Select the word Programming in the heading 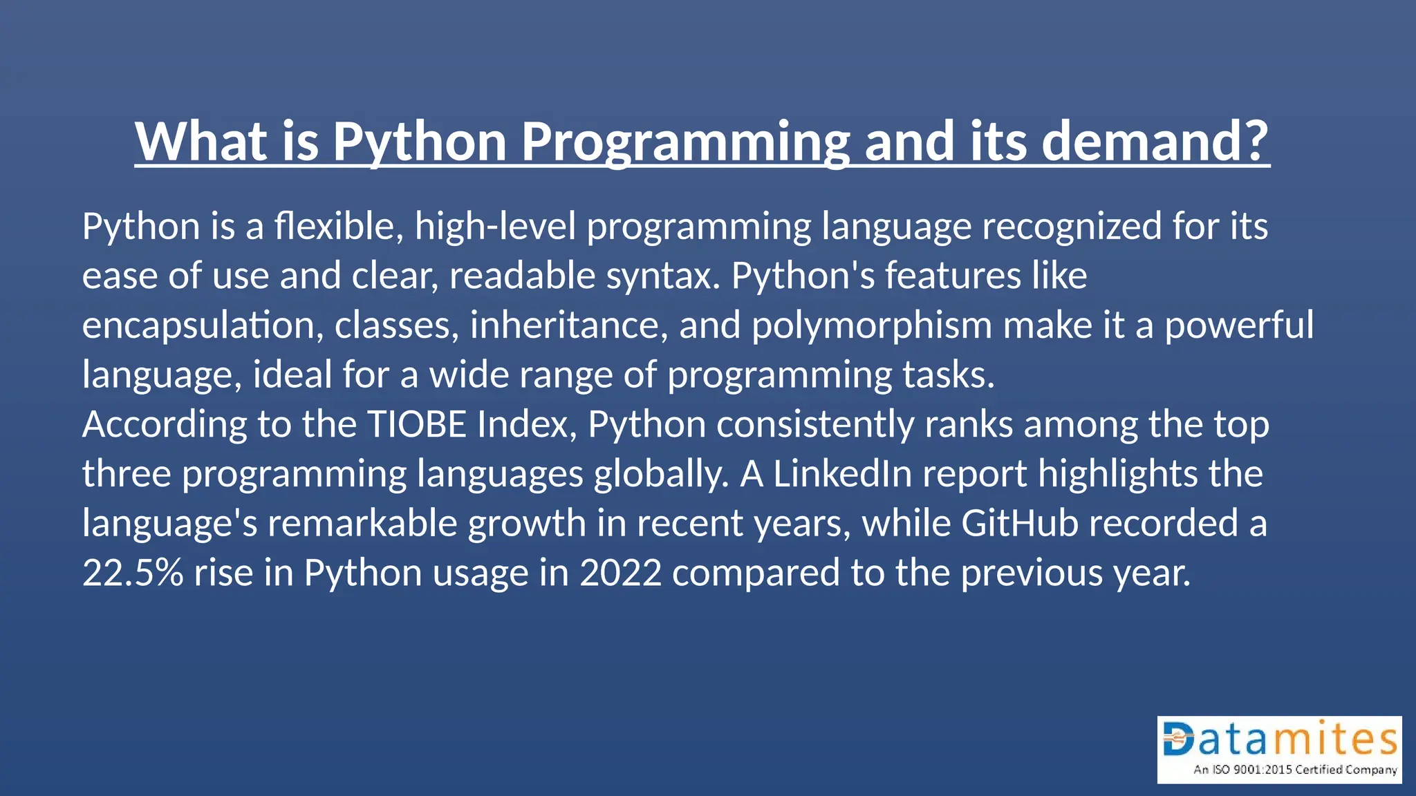click(x=684, y=142)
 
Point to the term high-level click(x=495, y=226)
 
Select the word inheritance click(x=569, y=325)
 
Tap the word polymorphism click(x=872, y=325)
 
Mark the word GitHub click(x=1020, y=523)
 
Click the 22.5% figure click(x=133, y=573)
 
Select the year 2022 click(x=620, y=573)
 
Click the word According click(x=165, y=424)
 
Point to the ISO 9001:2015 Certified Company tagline click(x=1295, y=769)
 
